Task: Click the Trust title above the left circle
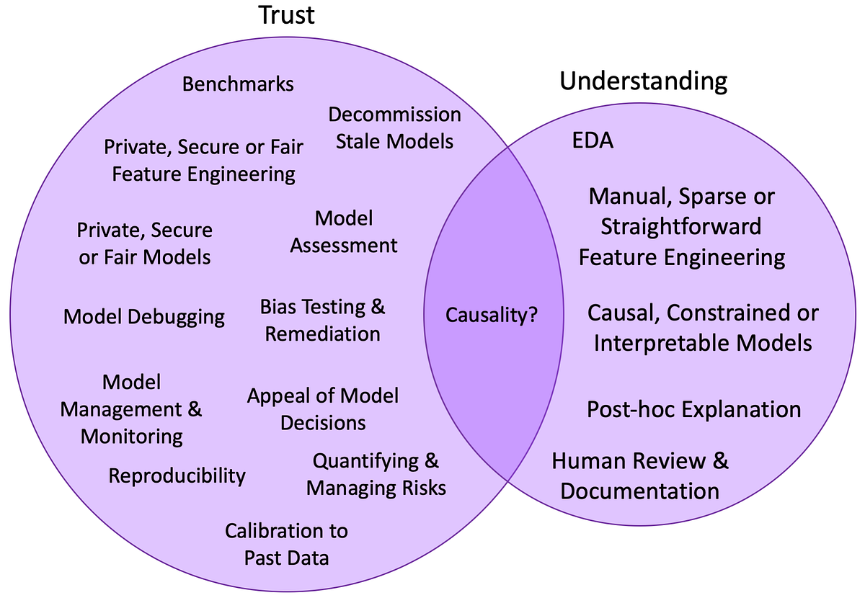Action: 287,16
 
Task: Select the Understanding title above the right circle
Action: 643,81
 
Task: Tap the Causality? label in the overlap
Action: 492,315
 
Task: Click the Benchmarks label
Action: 238,84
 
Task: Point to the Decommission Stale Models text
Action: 394,127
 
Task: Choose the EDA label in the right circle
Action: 592,140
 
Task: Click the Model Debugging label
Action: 144,317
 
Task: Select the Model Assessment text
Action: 344,231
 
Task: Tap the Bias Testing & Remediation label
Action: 322,321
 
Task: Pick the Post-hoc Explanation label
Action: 693,409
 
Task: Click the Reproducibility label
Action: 177,475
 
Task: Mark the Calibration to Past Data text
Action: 286,544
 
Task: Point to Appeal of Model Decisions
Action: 323,408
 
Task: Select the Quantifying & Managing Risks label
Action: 376,474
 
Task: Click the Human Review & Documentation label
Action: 640,475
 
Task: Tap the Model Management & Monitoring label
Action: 131,409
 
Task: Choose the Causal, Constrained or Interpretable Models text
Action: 703,328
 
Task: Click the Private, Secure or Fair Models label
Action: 145,244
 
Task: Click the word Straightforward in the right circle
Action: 681,226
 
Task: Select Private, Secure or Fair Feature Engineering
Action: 203,160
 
